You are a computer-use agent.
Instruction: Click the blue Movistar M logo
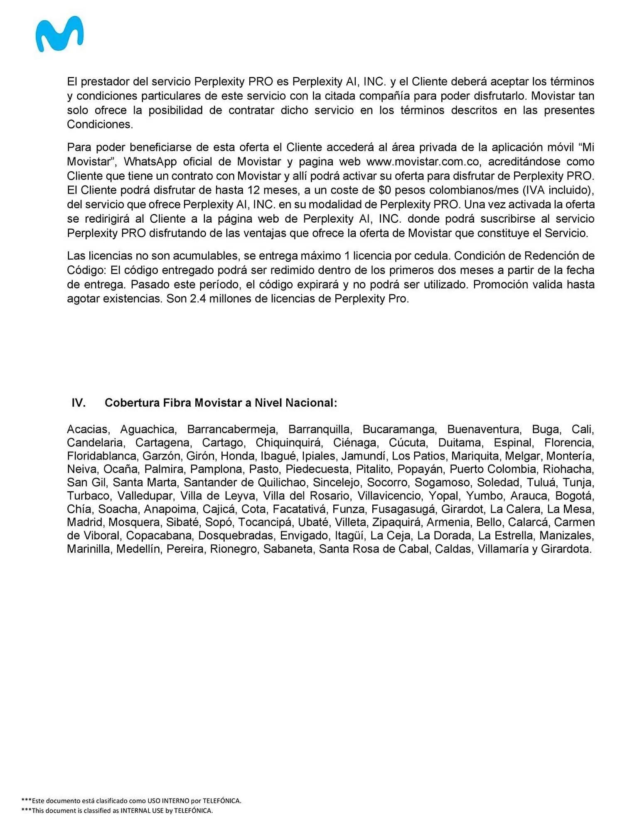click(x=59, y=34)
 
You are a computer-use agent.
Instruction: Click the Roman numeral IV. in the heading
click(x=79, y=403)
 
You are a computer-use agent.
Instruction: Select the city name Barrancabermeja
click(x=231, y=429)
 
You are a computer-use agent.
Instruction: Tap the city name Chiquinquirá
click(x=288, y=443)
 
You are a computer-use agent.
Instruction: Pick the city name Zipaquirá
click(x=396, y=522)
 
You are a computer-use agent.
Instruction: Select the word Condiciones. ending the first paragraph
click(x=100, y=125)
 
